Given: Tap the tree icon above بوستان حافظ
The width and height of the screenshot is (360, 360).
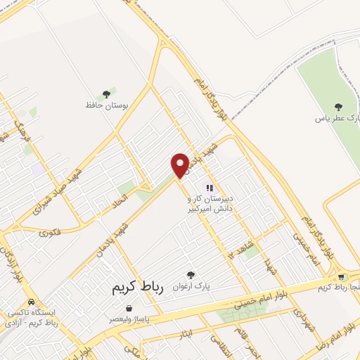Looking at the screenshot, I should click(107, 94).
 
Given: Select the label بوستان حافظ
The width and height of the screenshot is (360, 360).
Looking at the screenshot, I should click(108, 105).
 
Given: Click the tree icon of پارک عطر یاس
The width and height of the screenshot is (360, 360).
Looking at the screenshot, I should click(339, 107).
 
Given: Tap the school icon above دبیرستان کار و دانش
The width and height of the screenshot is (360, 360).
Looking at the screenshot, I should click(209, 188).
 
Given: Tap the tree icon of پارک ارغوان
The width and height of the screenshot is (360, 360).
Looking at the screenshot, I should click(190, 275).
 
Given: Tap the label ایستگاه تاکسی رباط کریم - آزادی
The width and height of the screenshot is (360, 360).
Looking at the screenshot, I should click(31, 316).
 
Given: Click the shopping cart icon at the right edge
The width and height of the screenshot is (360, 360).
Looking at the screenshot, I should click(342, 277).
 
